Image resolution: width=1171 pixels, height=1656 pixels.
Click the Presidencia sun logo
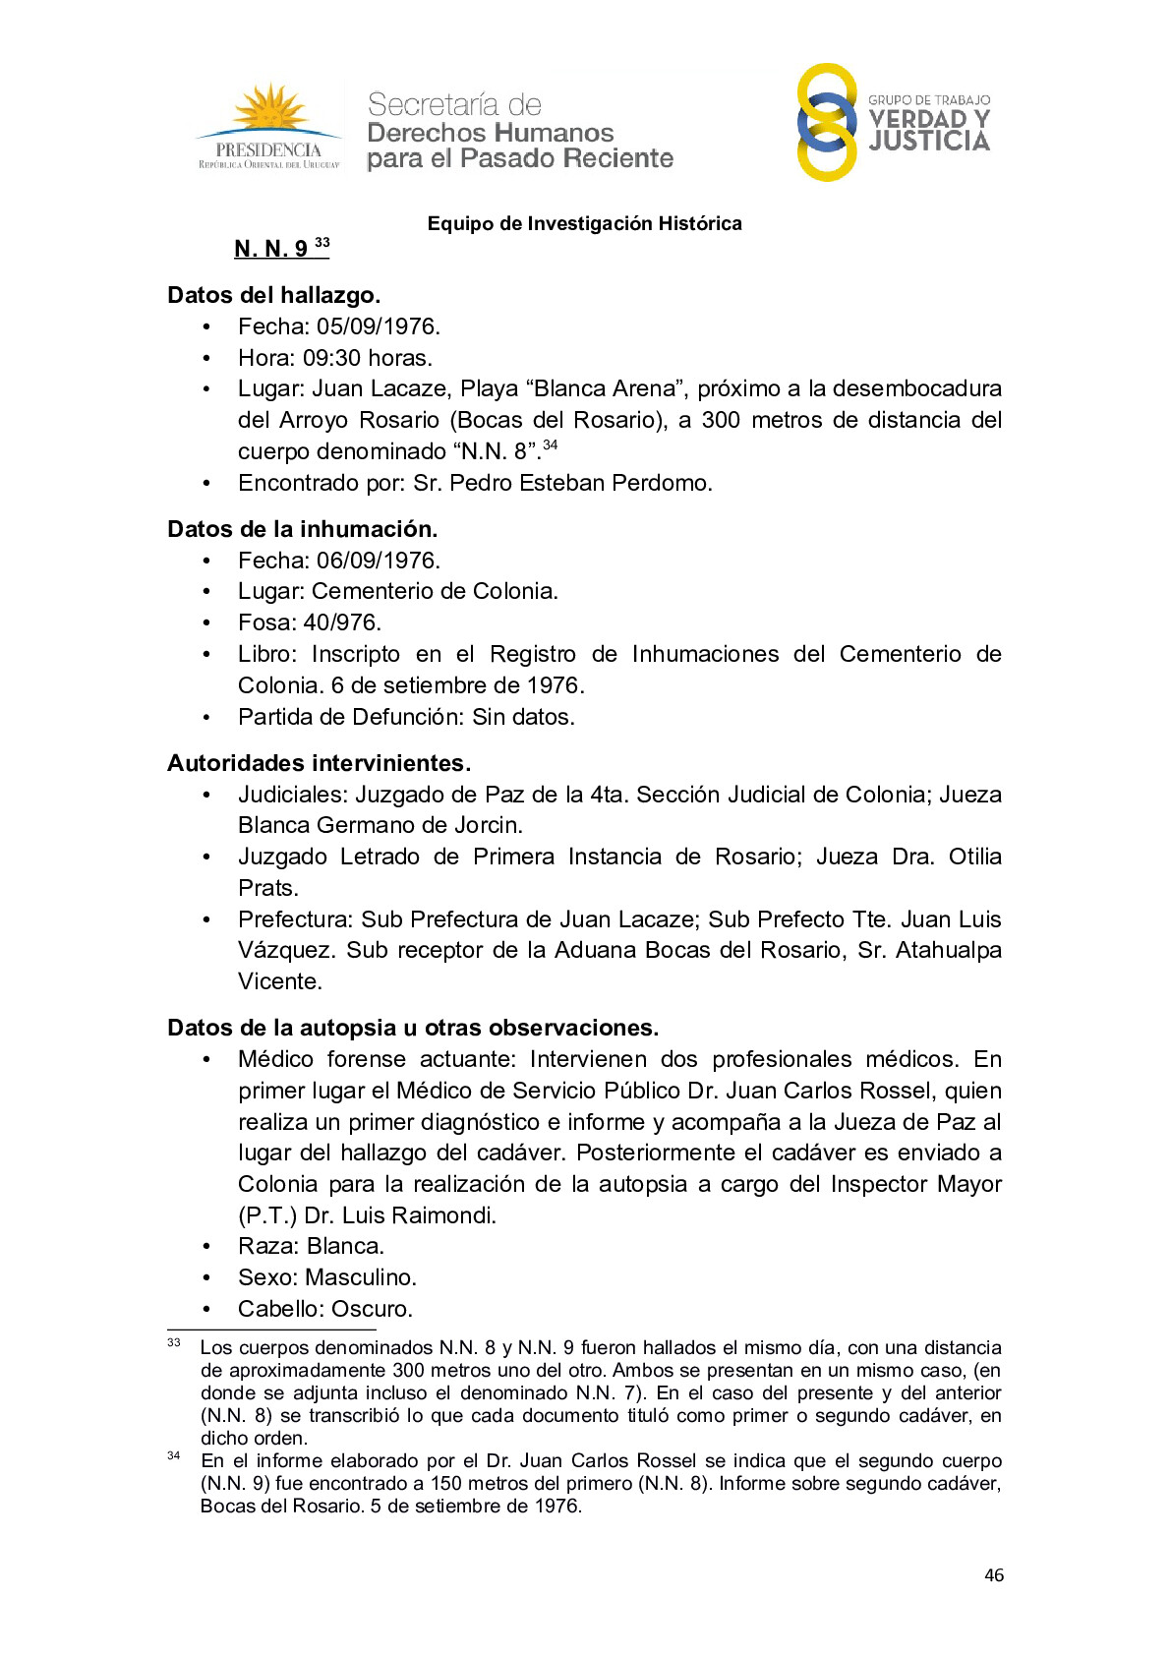pyautogui.click(x=268, y=127)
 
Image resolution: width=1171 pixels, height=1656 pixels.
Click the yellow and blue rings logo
pyautogui.click(x=826, y=122)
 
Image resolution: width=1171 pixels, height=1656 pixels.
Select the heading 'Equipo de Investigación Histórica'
pyautogui.click(x=584, y=224)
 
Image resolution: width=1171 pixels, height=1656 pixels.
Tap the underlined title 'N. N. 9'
pyautogui.click(x=271, y=249)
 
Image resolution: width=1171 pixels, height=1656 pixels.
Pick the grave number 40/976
pyautogui.click(x=341, y=622)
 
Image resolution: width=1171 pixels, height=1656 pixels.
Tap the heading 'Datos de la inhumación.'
pyautogui.click(x=302, y=529)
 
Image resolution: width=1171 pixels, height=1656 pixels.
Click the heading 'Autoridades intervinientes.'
pyautogui.click(x=319, y=763)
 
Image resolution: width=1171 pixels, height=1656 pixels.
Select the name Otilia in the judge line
pyautogui.click(x=974, y=857)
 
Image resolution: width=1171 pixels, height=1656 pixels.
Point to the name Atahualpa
pyautogui.click(x=948, y=951)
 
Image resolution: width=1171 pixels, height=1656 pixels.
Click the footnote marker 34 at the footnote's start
pyautogui.click(x=174, y=1456)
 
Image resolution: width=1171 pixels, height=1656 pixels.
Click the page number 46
pyautogui.click(x=994, y=1575)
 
